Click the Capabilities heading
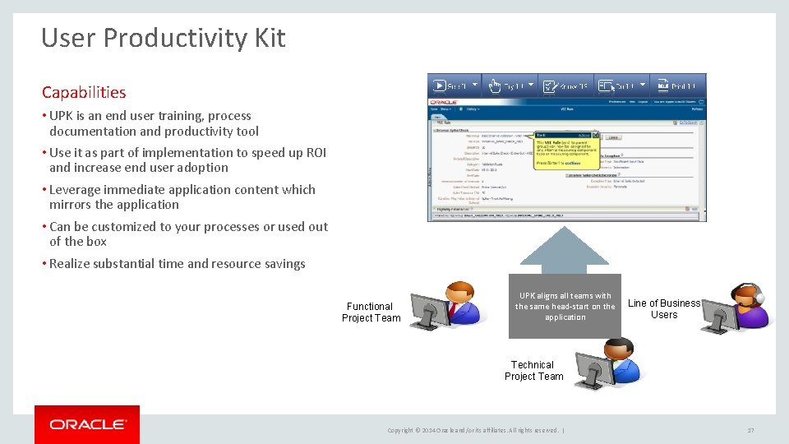[84, 93]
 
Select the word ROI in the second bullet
[316, 153]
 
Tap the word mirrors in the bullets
[71, 205]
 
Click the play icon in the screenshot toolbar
[440, 85]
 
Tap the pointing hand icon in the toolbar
[495, 85]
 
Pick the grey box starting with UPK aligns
[565, 306]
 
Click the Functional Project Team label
[371, 312]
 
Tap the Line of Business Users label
[664, 309]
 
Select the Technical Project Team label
[533, 371]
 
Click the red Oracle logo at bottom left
[87, 424]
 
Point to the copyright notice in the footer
[474, 430]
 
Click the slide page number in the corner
[750, 430]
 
